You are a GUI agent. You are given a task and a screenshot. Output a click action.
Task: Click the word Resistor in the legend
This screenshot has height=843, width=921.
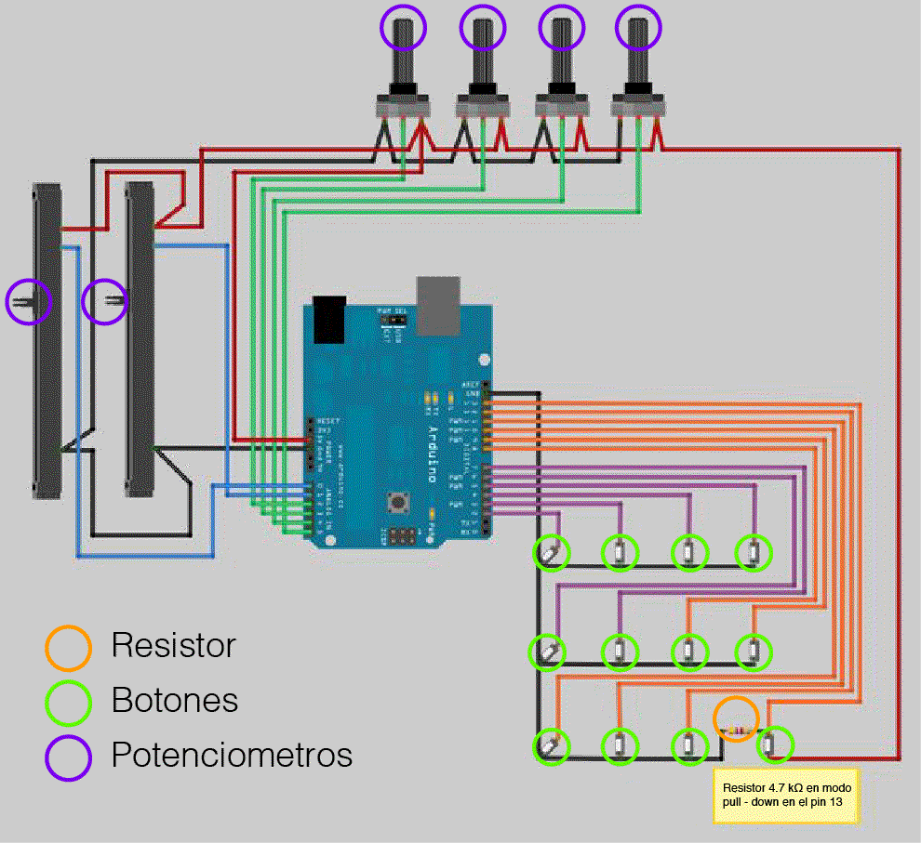point(173,645)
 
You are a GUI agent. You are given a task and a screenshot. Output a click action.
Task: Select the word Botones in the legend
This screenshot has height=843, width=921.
point(175,700)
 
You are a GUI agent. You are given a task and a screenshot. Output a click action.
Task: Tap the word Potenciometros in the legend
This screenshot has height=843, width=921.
point(232,754)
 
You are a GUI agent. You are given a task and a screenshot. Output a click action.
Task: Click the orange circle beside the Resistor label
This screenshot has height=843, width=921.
point(68,647)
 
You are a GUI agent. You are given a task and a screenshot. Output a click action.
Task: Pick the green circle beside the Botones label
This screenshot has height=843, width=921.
point(68,703)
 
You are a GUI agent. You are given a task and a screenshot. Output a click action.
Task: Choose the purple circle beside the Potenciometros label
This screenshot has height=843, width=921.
point(68,757)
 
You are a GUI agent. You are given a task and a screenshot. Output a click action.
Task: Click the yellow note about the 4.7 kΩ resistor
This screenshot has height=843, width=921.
point(786,795)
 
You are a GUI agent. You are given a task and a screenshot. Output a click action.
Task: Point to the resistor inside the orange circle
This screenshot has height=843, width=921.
point(737,731)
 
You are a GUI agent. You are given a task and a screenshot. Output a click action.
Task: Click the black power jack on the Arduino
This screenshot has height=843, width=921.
point(329,320)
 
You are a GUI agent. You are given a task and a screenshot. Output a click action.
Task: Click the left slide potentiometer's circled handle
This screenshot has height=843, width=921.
point(29,301)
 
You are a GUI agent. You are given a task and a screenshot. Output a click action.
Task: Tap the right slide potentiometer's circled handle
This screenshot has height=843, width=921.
point(104,301)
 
